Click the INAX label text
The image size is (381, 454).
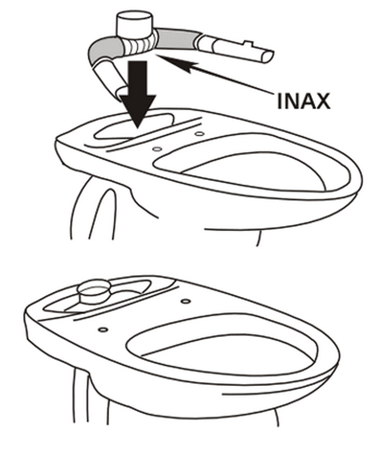tap(303, 101)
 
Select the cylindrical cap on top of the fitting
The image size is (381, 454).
tap(133, 25)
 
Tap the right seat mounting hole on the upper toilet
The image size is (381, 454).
tap(199, 134)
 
